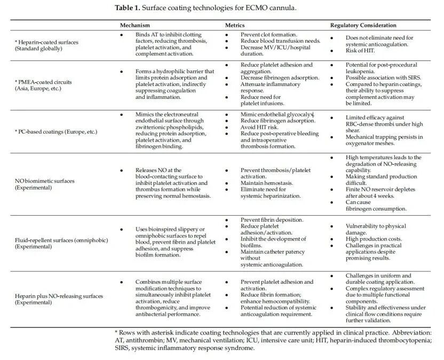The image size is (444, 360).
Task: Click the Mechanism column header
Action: (134, 25)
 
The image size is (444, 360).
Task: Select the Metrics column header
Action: (235, 25)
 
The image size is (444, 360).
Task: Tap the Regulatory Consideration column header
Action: (363, 25)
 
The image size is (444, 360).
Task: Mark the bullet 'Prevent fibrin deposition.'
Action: (272, 220)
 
